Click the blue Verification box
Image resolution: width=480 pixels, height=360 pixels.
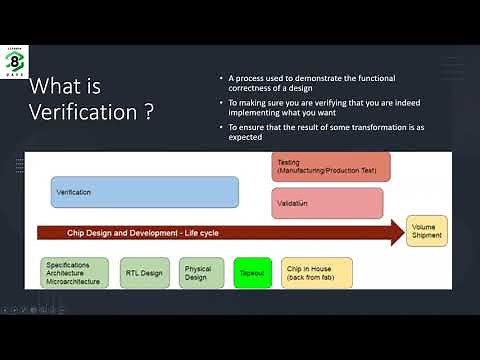coord(145,191)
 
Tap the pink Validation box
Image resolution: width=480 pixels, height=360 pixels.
coord(327,203)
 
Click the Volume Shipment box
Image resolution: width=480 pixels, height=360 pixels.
coord(426,231)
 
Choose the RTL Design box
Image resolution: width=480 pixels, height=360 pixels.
coord(144,273)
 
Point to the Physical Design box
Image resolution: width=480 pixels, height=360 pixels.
coord(201,273)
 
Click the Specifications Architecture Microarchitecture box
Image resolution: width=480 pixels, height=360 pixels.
coord(76,273)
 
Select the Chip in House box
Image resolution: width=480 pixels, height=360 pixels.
coord(316,273)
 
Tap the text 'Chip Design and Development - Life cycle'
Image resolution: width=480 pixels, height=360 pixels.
coord(143,233)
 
